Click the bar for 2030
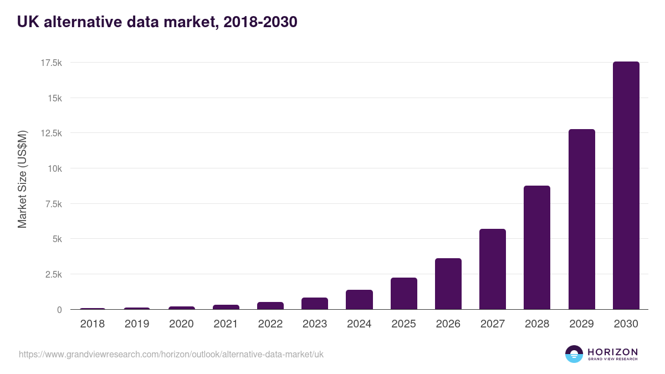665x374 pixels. point(626,186)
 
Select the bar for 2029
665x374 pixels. point(581,219)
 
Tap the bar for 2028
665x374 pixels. point(537,248)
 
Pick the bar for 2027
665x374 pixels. point(493,269)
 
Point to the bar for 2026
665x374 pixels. point(448,284)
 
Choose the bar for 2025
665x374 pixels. point(403,294)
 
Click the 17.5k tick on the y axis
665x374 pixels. point(50,63)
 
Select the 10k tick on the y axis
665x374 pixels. point(54,168)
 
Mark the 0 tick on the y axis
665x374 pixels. point(59,310)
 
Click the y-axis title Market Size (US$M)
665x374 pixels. point(22,180)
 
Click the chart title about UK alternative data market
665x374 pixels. point(157,22)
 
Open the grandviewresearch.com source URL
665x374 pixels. point(171,354)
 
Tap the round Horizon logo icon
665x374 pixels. point(574,354)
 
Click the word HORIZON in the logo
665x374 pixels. point(612,352)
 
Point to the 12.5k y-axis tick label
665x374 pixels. point(50,134)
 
